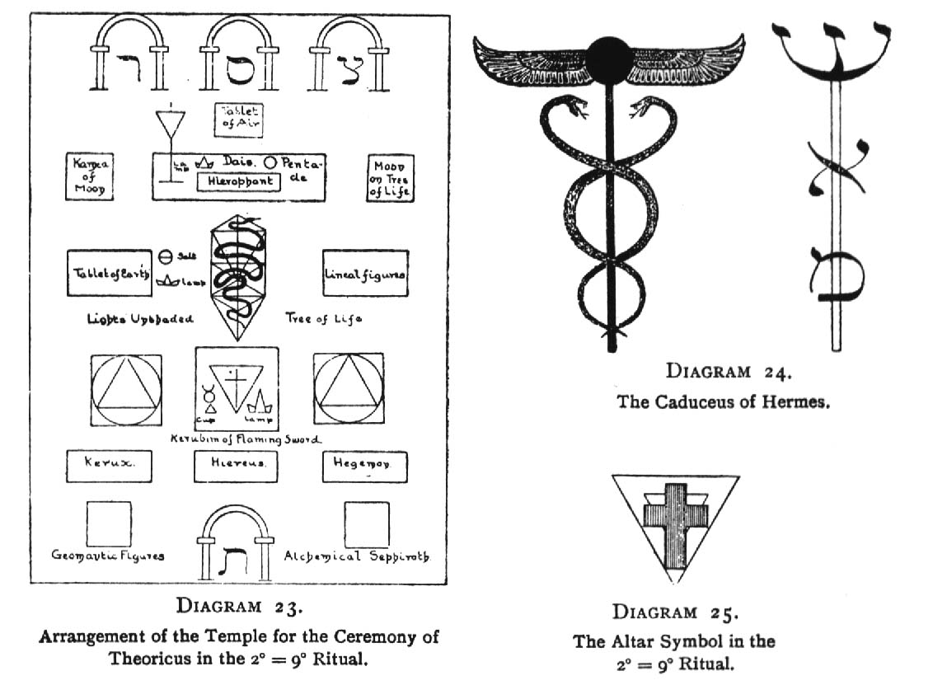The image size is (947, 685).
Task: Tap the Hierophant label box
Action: coord(235,181)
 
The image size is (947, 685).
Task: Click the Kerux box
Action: coord(108,465)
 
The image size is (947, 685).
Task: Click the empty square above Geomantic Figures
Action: coord(109,524)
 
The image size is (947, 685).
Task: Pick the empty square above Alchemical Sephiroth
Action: coord(368,524)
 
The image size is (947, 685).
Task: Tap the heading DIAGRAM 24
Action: coord(728,372)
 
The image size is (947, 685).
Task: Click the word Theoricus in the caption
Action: coord(149,659)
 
